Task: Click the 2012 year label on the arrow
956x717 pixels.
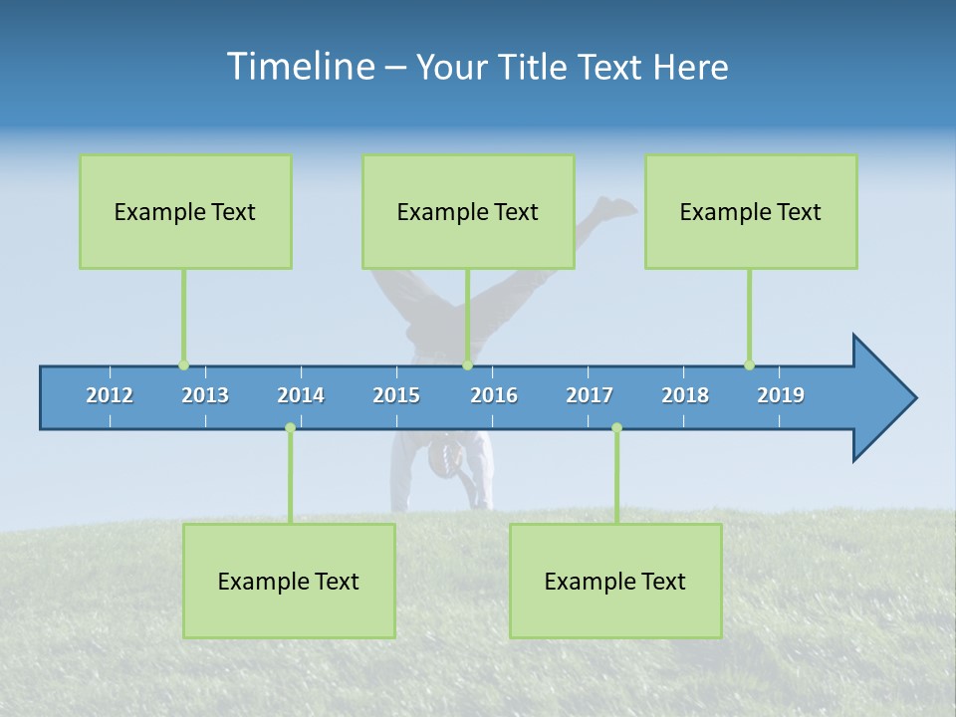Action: [110, 395]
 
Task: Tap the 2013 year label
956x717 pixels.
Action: [205, 395]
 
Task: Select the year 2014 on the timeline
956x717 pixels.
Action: [301, 395]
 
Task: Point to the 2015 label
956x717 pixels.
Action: [396, 395]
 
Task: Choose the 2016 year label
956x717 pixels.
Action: [494, 395]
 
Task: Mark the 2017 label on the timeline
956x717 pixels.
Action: [590, 395]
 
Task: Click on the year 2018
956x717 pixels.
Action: [685, 395]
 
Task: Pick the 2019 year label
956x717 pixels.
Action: [781, 395]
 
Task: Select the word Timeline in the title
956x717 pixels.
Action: [300, 67]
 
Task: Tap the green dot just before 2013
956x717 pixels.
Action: [183, 365]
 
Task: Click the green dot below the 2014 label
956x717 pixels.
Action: [290, 427]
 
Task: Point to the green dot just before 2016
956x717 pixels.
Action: [467, 365]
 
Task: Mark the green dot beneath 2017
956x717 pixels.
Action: [616, 427]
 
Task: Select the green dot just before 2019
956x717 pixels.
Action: [749, 365]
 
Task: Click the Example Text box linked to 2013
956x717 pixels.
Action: [185, 211]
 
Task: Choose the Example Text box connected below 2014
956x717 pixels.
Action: [289, 581]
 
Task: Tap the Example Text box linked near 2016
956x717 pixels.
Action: [468, 211]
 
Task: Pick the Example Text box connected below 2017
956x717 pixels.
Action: [615, 581]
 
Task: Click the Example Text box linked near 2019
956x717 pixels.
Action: [751, 211]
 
